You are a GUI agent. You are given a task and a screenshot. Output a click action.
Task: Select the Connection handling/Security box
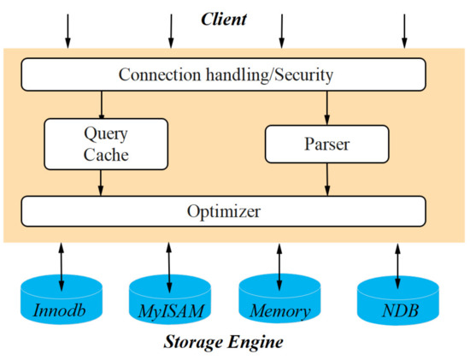pos(223,75)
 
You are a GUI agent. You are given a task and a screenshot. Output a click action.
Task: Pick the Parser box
pos(324,143)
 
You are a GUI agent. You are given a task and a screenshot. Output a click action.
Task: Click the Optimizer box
pos(223,210)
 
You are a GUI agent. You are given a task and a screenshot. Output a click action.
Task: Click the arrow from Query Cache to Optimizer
pos(103,181)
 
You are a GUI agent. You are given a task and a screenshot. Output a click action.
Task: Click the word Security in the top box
pos(299,75)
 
